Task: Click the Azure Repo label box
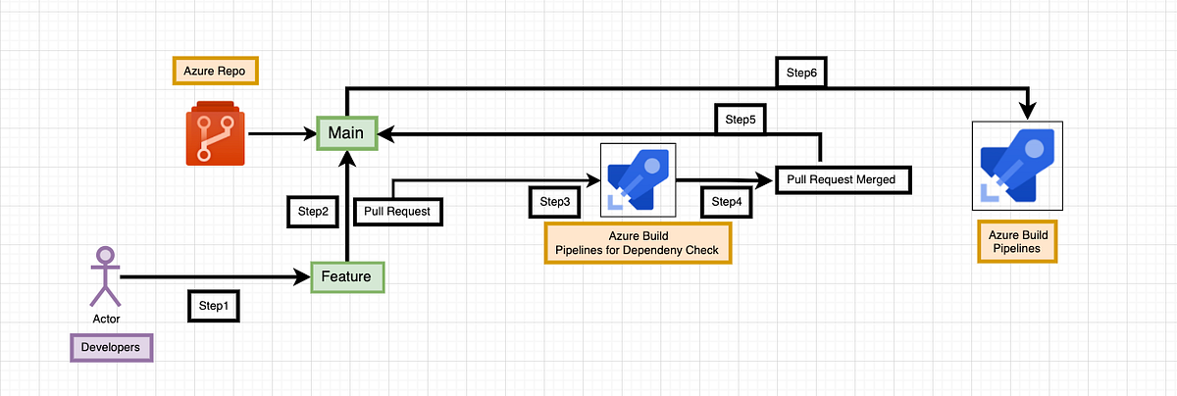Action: point(214,73)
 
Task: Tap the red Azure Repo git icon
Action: point(213,132)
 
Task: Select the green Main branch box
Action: point(346,132)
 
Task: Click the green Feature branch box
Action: point(346,276)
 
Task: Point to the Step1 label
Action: point(213,306)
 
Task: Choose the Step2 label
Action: point(312,211)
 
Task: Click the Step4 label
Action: point(726,201)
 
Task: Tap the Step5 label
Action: point(741,119)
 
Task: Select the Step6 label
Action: point(802,72)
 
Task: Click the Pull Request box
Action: point(397,211)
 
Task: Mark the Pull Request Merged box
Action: point(843,179)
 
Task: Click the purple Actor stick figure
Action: point(105,274)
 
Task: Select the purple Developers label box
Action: point(112,347)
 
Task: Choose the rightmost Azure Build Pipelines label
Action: point(1017,242)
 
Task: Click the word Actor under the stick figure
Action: point(106,320)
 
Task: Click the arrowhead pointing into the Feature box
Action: point(304,277)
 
